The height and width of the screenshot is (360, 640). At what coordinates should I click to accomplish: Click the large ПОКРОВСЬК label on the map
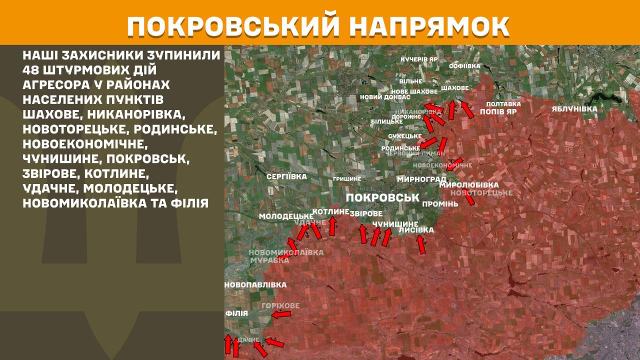point(382,197)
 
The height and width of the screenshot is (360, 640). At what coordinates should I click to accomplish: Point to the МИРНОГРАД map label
point(421,179)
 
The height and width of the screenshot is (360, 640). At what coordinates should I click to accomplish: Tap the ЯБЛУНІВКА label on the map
point(574,108)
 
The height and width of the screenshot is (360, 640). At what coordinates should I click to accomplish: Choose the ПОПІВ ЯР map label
point(498,112)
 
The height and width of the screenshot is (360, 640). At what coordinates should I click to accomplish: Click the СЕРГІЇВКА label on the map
point(286,176)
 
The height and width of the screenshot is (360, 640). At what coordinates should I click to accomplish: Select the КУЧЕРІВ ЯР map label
point(419,59)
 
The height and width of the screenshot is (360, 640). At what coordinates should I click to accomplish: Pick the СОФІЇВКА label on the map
point(464,66)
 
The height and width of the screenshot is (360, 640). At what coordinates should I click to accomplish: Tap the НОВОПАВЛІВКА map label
point(255,285)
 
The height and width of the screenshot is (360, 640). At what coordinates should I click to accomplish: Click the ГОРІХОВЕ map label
point(280,305)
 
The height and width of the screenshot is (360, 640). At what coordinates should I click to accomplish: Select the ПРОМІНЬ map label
point(440,204)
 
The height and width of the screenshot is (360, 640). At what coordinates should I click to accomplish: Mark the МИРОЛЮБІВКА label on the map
point(469,185)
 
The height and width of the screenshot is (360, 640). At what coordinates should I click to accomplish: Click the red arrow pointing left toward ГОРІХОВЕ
point(281,314)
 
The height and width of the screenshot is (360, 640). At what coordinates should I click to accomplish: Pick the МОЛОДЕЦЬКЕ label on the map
point(286,216)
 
